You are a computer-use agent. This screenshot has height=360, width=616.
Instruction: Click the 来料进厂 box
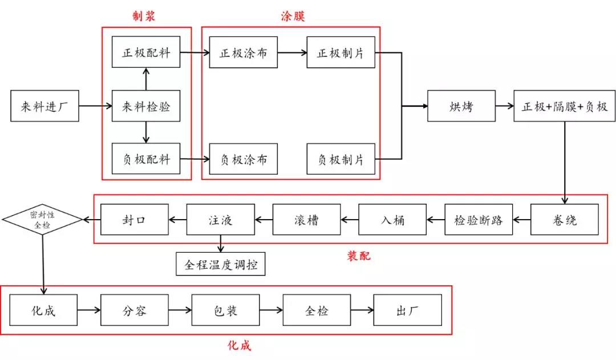[44, 106]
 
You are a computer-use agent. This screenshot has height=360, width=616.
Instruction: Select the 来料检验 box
[146, 106]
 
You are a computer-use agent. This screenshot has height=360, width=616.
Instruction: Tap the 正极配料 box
[146, 52]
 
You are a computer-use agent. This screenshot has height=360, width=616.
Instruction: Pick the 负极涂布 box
[244, 159]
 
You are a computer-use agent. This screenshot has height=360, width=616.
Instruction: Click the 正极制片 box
[341, 52]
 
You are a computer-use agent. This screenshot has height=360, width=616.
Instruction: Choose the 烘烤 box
[461, 106]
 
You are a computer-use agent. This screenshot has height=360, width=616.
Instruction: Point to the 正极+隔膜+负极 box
[564, 106]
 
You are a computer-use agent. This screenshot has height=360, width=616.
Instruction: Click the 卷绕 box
[564, 219]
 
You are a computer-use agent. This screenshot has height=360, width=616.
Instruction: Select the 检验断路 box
[479, 219]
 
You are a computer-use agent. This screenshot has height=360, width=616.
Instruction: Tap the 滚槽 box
[306, 219]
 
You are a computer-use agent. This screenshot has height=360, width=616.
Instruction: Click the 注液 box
[220, 219]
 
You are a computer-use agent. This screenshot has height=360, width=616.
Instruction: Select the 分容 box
[135, 310]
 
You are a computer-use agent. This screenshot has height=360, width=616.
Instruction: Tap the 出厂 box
[407, 310]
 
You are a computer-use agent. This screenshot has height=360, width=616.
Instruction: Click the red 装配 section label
[359, 256]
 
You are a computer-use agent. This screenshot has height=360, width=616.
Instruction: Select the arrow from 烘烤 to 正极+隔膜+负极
[504, 106]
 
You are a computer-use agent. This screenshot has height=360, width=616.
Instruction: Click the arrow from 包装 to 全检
[271, 310]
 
